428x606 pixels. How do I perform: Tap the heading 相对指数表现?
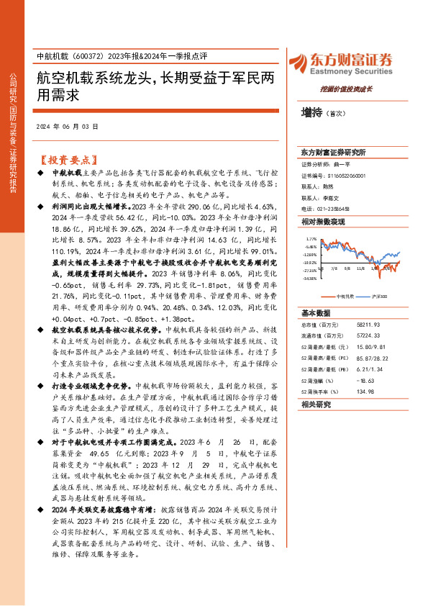317,222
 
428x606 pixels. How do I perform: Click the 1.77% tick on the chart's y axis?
311,238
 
